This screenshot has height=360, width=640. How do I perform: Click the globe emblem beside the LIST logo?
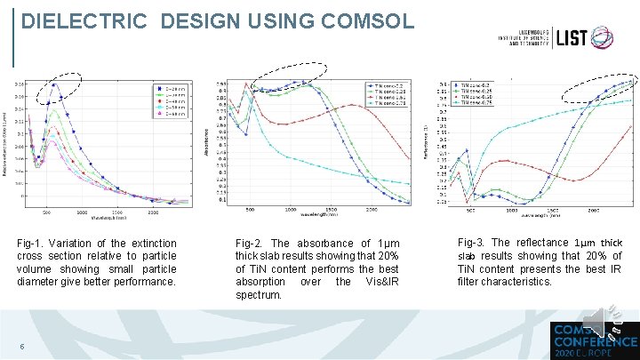tap(608, 37)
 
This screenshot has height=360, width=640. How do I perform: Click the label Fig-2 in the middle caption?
tap(248, 244)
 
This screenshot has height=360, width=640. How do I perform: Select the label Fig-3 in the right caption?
tap(469, 243)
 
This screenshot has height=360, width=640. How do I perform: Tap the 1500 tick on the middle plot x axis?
tap(332, 210)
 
